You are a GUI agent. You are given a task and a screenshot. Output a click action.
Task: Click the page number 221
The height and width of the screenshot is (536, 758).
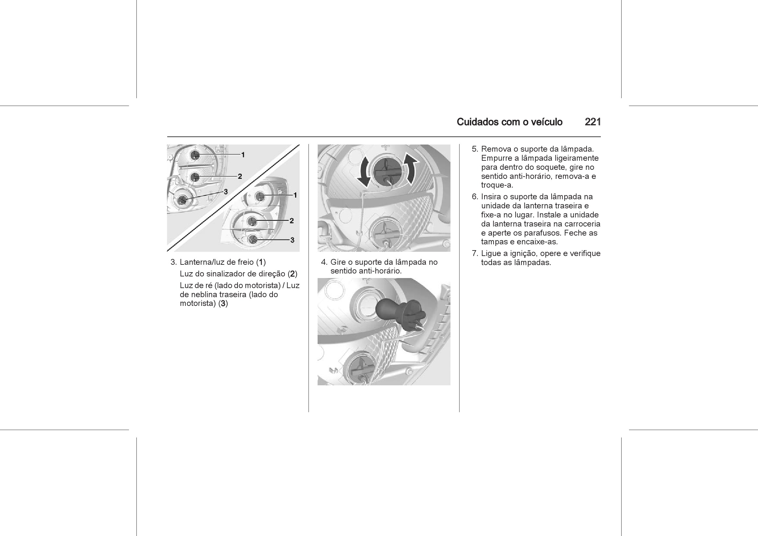(x=593, y=122)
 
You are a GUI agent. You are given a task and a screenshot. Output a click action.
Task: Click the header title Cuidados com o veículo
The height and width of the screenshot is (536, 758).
(x=509, y=122)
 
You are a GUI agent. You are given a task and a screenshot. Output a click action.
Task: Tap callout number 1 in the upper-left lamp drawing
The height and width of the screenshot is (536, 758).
(x=243, y=155)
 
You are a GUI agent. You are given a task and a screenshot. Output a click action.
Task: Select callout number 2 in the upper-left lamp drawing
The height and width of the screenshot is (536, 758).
(x=240, y=177)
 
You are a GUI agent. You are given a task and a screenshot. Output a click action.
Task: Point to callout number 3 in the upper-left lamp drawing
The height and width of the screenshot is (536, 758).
(x=226, y=192)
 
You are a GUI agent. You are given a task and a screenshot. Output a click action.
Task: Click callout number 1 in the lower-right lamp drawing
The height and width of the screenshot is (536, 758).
(x=295, y=195)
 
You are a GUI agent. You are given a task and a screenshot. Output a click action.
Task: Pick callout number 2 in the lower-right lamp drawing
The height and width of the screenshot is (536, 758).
(x=292, y=221)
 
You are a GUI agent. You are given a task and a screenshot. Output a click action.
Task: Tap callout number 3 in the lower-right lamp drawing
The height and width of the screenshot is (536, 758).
(x=292, y=240)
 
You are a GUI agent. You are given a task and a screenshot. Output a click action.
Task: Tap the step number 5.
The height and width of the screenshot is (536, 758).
(x=475, y=149)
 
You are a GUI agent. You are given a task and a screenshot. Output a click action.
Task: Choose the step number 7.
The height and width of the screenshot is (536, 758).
(x=475, y=254)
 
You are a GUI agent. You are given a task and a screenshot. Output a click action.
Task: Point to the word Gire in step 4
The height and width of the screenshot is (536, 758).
(x=338, y=262)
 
